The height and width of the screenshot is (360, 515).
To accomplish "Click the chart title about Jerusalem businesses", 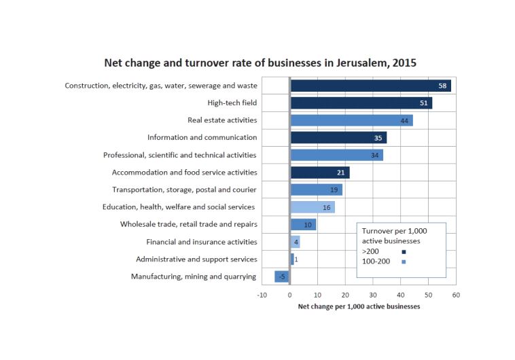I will click(x=260, y=63).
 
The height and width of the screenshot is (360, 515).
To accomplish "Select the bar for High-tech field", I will click(x=361, y=103).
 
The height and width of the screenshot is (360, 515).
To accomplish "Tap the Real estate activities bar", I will click(x=351, y=120).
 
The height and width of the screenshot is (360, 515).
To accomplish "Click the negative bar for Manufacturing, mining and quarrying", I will click(x=283, y=276).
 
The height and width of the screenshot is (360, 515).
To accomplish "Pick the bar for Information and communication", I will click(x=338, y=138).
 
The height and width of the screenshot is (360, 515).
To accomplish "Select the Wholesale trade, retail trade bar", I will click(x=304, y=224).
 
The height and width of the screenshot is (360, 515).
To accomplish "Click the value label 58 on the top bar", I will click(x=442, y=86).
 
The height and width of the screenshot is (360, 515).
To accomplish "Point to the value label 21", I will click(x=341, y=173).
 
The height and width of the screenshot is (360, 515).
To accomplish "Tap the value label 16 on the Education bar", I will click(x=327, y=207).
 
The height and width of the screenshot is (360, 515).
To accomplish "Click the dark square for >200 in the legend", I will click(x=404, y=252).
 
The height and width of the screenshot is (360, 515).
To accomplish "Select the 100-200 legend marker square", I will click(x=404, y=262).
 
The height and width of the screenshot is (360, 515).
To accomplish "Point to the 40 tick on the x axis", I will click(x=401, y=295).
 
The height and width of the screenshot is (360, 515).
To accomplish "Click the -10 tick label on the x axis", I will click(x=262, y=295).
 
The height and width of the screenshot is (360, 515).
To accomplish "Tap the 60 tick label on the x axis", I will click(x=456, y=295).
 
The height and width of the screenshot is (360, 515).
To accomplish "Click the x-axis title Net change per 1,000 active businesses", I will click(x=359, y=307).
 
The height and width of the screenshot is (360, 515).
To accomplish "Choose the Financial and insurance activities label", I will click(x=202, y=242).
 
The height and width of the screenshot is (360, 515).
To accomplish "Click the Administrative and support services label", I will click(x=196, y=259).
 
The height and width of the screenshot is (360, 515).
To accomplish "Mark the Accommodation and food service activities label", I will click(x=184, y=173).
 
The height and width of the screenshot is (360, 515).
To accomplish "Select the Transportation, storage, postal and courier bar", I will click(x=317, y=190).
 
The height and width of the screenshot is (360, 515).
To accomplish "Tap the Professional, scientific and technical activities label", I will click(x=179, y=155).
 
